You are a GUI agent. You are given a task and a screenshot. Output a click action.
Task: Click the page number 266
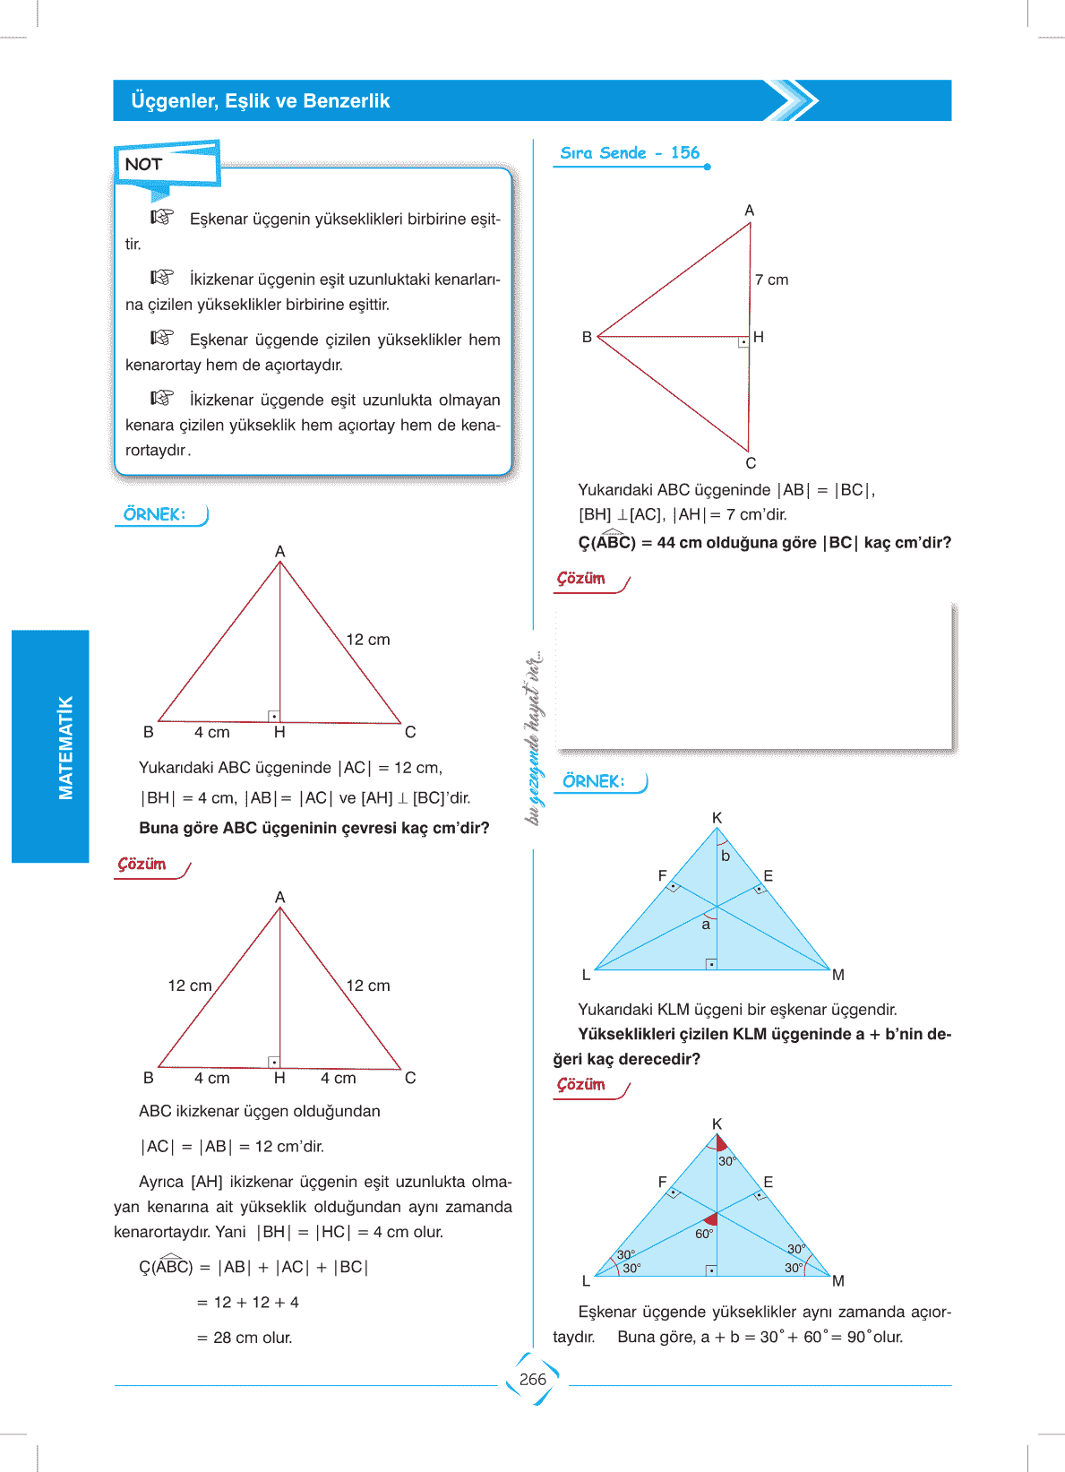[x=532, y=1380]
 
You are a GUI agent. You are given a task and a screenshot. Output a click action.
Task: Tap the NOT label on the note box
[x=143, y=164]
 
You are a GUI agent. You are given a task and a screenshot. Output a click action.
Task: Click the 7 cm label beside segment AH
[x=771, y=280]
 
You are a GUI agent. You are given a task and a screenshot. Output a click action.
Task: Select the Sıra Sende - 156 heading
[x=630, y=153]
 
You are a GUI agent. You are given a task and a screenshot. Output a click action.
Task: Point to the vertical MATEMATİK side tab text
[x=65, y=747]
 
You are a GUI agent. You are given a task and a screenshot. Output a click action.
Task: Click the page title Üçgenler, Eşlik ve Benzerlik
[x=260, y=101]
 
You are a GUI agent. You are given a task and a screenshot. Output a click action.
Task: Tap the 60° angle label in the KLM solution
[x=704, y=1234]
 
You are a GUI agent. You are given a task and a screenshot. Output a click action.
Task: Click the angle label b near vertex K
[x=726, y=857]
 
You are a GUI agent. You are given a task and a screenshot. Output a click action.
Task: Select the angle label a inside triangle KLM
[x=706, y=925]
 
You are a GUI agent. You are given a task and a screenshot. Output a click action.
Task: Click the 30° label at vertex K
[x=726, y=1161]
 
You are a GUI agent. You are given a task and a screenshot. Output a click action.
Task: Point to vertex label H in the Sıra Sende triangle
[x=759, y=337]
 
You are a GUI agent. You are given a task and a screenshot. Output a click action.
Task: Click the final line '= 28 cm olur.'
[x=245, y=1338]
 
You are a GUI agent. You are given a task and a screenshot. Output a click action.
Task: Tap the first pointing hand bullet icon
[x=162, y=217]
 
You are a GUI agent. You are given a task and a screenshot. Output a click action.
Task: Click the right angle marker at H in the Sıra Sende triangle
[x=743, y=342]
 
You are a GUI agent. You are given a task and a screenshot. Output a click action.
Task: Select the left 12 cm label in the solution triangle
[x=190, y=986]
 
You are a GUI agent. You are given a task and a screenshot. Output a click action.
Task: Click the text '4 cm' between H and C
[x=339, y=1078]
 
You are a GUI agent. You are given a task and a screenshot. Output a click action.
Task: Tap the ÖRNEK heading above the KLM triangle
[x=594, y=781]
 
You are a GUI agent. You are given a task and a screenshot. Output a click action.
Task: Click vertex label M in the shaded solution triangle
[x=838, y=1281]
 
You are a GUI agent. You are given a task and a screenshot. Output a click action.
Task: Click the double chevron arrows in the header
[x=794, y=100]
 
